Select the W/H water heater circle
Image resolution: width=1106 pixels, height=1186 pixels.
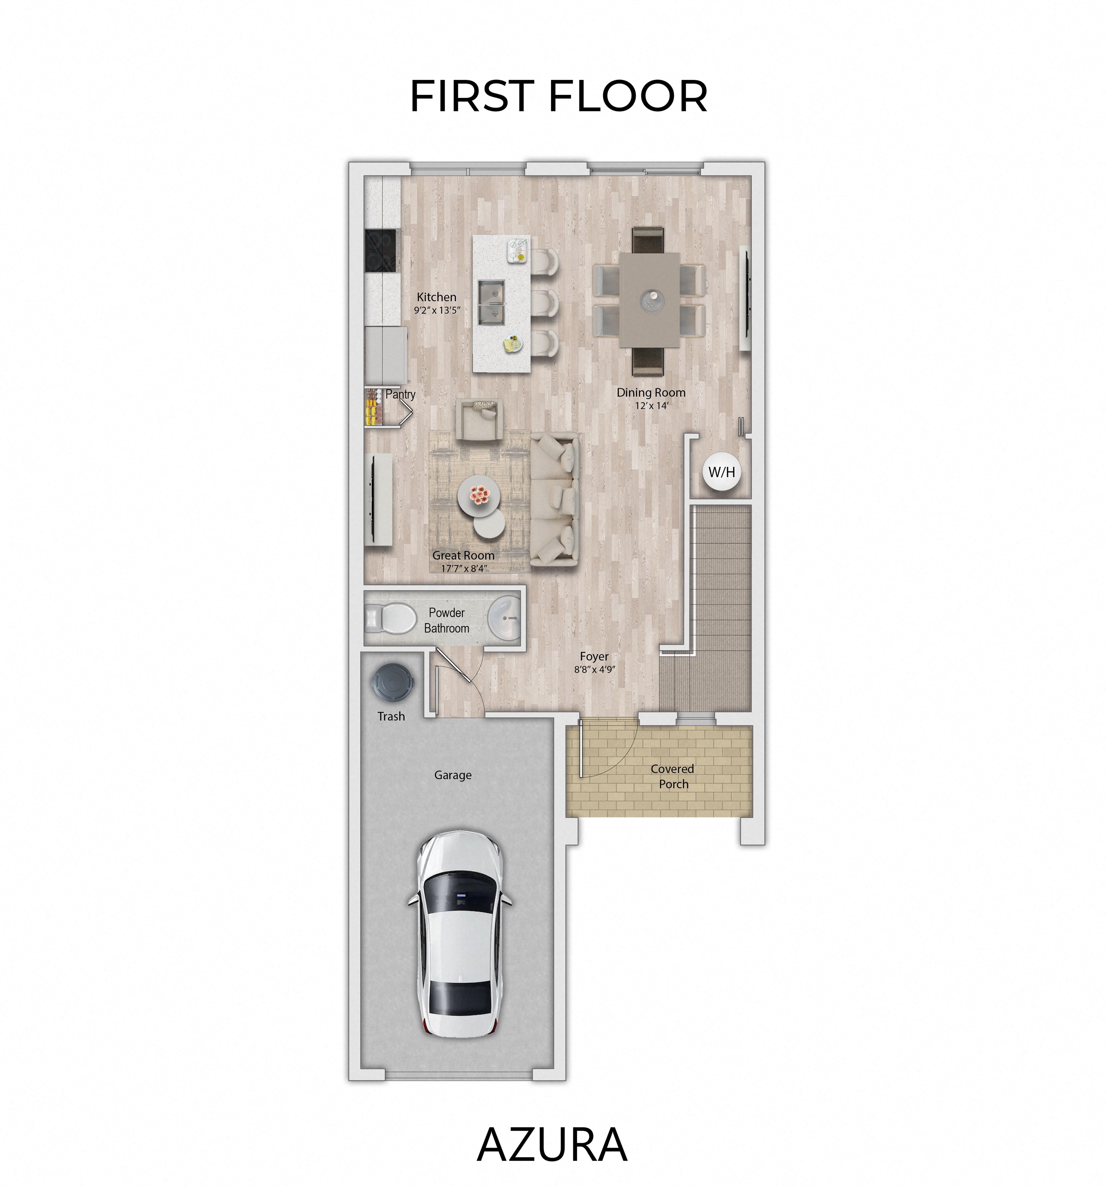(x=721, y=472)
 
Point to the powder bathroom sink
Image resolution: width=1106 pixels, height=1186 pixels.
(x=504, y=617)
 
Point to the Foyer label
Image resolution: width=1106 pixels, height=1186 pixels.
(x=594, y=656)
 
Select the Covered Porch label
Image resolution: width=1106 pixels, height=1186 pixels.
(x=673, y=776)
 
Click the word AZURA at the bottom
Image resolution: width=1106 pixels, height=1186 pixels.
(x=552, y=1144)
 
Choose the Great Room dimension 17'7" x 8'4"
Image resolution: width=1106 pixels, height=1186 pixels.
(x=464, y=569)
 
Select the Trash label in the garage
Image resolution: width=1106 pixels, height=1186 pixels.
(x=391, y=716)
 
